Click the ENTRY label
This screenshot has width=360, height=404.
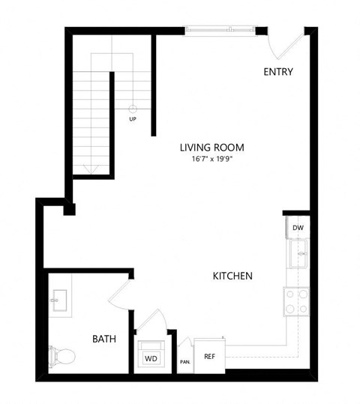pos(278,72)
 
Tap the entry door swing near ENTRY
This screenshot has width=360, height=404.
pos(286,45)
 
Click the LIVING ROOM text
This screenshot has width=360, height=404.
pos(211,148)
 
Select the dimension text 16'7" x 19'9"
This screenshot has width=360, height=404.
pos(211,159)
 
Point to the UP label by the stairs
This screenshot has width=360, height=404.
pos(133,118)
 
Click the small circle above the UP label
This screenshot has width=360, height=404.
pos(133,108)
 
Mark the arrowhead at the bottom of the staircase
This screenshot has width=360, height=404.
pos(92,169)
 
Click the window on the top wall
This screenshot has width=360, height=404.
pos(220,30)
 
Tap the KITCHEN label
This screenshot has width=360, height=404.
pos(232,276)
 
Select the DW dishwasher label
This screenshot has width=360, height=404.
pos(298,226)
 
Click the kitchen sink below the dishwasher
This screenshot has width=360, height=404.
pos(300,253)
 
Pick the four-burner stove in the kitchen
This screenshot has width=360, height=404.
pos(296,301)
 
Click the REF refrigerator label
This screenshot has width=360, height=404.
pos(210,357)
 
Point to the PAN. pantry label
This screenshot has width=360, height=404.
pos(184,361)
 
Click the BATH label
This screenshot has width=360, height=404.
pos(104,339)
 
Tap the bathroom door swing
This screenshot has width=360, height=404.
pos(120,294)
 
